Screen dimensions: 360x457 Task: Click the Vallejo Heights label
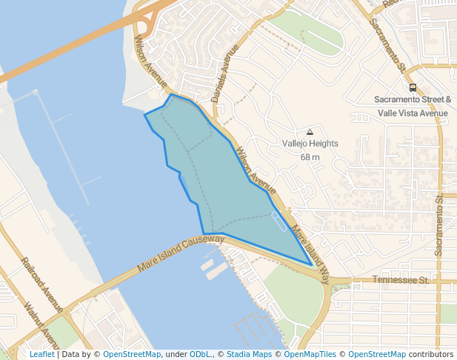[310, 144]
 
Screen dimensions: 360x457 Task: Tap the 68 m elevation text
[310, 157]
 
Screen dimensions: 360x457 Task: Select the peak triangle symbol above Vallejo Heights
[310, 132]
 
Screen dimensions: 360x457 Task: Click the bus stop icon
[413, 87]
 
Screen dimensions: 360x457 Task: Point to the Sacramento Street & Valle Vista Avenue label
[413, 106]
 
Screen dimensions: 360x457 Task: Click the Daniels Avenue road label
[226, 70]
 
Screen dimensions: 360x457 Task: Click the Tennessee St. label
[401, 281]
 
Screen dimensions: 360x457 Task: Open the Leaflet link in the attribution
[41, 354]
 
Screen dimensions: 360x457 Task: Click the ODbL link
[199, 354]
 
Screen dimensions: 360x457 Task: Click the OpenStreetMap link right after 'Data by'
[132, 354]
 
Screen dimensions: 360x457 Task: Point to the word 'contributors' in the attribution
[430, 354]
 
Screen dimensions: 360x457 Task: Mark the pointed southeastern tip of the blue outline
[311, 264]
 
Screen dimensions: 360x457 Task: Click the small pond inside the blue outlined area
[280, 220]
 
